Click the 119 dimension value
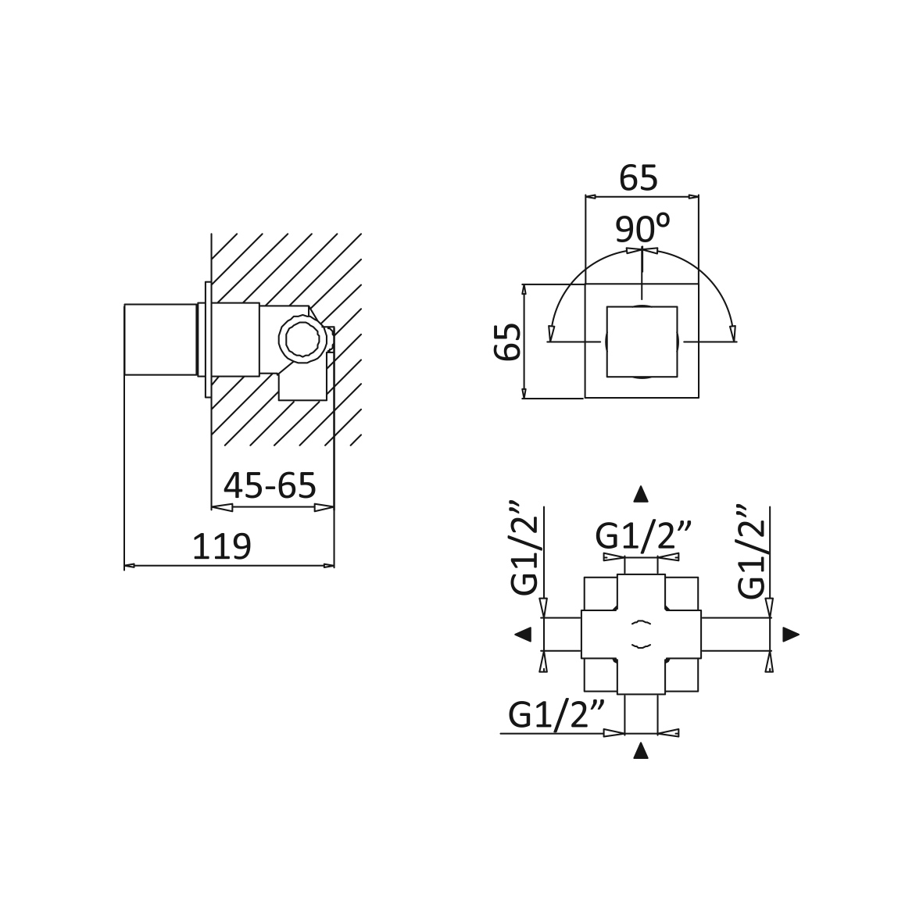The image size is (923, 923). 222,547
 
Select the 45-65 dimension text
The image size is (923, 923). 270,486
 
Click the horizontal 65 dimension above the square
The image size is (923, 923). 639,177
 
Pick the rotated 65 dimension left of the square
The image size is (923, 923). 508,342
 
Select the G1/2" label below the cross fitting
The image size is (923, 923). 557,715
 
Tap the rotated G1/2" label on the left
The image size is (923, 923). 524,548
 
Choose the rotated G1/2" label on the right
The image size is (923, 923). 751,552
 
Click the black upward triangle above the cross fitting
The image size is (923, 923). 640,495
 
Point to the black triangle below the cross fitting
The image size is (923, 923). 640,750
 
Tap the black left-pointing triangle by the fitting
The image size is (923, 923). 523,634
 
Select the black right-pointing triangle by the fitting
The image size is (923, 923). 791,634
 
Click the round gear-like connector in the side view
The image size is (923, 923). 302,340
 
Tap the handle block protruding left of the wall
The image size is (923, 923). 160,340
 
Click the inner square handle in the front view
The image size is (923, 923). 642,342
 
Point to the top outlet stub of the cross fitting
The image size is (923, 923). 640,566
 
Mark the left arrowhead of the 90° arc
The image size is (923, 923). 551,334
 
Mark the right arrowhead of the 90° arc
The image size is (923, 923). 733,334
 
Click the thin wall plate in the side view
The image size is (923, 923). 208,340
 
